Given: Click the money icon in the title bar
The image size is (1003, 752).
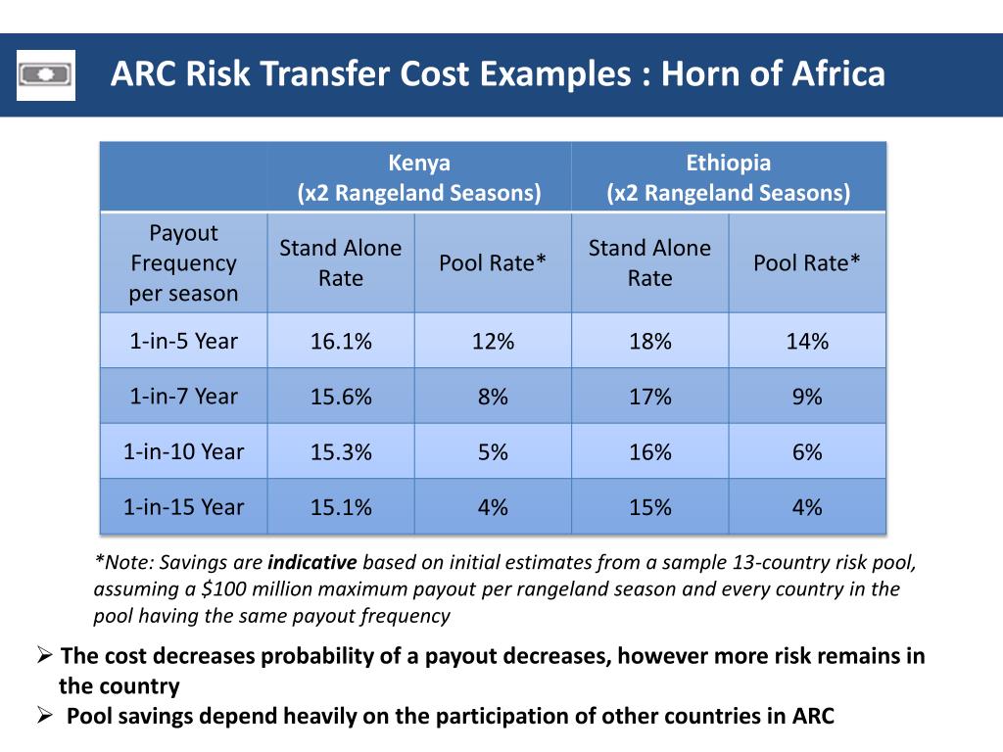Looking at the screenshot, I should [x=45, y=74].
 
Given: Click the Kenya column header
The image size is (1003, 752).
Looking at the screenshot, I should [x=419, y=177].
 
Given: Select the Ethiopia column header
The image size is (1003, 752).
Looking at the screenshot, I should [x=728, y=177].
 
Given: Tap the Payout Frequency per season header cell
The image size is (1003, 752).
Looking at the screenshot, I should [x=183, y=262].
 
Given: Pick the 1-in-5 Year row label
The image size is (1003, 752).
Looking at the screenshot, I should [x=183, y=341].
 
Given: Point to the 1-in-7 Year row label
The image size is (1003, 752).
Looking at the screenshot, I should [x=183, y=397].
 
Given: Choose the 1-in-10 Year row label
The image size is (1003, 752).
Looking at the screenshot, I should [x=183, y=451].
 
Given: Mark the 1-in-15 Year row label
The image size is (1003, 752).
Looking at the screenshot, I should [x=183, y=507].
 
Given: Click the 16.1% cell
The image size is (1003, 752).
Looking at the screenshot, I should [x=341, y=341].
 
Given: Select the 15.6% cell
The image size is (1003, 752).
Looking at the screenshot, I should [x=341, y=397].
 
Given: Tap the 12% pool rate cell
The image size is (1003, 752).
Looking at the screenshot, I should [x=493, y=341].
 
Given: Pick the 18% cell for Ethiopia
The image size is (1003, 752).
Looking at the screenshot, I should [x=650, y=341].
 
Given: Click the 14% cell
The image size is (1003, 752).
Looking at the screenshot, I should [x=807, y=341].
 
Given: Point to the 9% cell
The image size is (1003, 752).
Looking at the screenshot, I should [x=807, y=397].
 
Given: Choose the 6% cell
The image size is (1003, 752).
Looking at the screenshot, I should [x=807, y=451].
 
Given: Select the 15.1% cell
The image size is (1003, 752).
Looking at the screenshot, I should [x=341, y=507].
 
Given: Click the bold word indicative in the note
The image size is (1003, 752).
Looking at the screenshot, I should [x=311, y=563].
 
